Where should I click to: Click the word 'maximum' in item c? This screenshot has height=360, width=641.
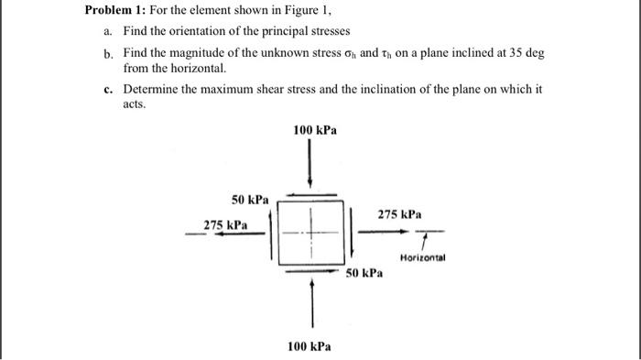(225, 90)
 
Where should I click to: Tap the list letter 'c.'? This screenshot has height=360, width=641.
(109, 90)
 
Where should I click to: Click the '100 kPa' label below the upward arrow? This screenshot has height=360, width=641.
(309, 346)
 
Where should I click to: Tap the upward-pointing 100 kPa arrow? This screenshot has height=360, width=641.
(313, 301)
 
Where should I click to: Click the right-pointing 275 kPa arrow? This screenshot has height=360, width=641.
(378, 232)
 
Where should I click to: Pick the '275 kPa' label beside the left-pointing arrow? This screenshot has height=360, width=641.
(225, 224)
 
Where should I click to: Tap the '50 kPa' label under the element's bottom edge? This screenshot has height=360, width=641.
(364, 274)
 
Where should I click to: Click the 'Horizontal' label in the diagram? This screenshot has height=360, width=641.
(422, 258)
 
